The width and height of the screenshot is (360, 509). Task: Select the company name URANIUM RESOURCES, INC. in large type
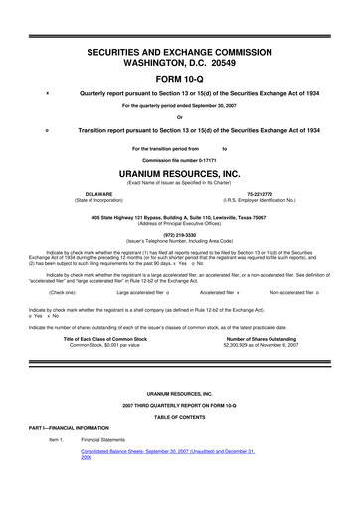click(180, 171)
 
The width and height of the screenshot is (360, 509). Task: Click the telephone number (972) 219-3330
click(180, 235)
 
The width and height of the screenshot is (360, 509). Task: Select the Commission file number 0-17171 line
click(180, 159)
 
